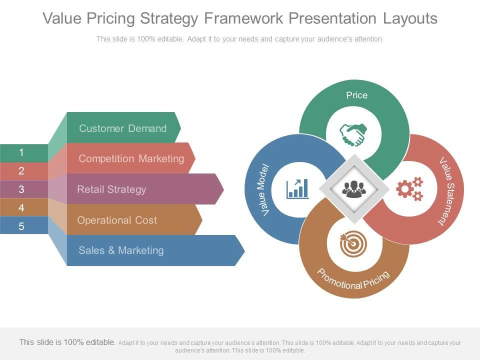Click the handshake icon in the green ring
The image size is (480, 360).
coord(353,134)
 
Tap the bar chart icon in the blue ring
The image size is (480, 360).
coord(297,189)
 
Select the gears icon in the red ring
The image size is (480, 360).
coord(409,189)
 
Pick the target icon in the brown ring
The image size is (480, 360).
coord(353,243)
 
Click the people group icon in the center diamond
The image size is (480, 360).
coord(354,189)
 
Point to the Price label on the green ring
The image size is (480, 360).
coord(356,95)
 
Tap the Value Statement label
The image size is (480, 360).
coord(447,191)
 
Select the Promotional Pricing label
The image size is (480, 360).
coord(353,279)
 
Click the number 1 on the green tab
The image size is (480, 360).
coord(21,152)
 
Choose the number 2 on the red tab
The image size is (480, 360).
coord(21,171)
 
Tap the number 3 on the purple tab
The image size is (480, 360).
coord(21,189)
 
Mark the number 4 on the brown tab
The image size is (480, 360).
coord(21,208)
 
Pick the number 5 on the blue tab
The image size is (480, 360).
coord(21,226)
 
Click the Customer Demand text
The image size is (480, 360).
coord(123,128)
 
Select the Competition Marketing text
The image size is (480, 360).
coord(131,158)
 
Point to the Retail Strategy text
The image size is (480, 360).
coord(111,189)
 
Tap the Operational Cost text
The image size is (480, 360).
coord(117,220)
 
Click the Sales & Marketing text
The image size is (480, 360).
coord(121,250)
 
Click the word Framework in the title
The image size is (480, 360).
coord(243,18)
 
